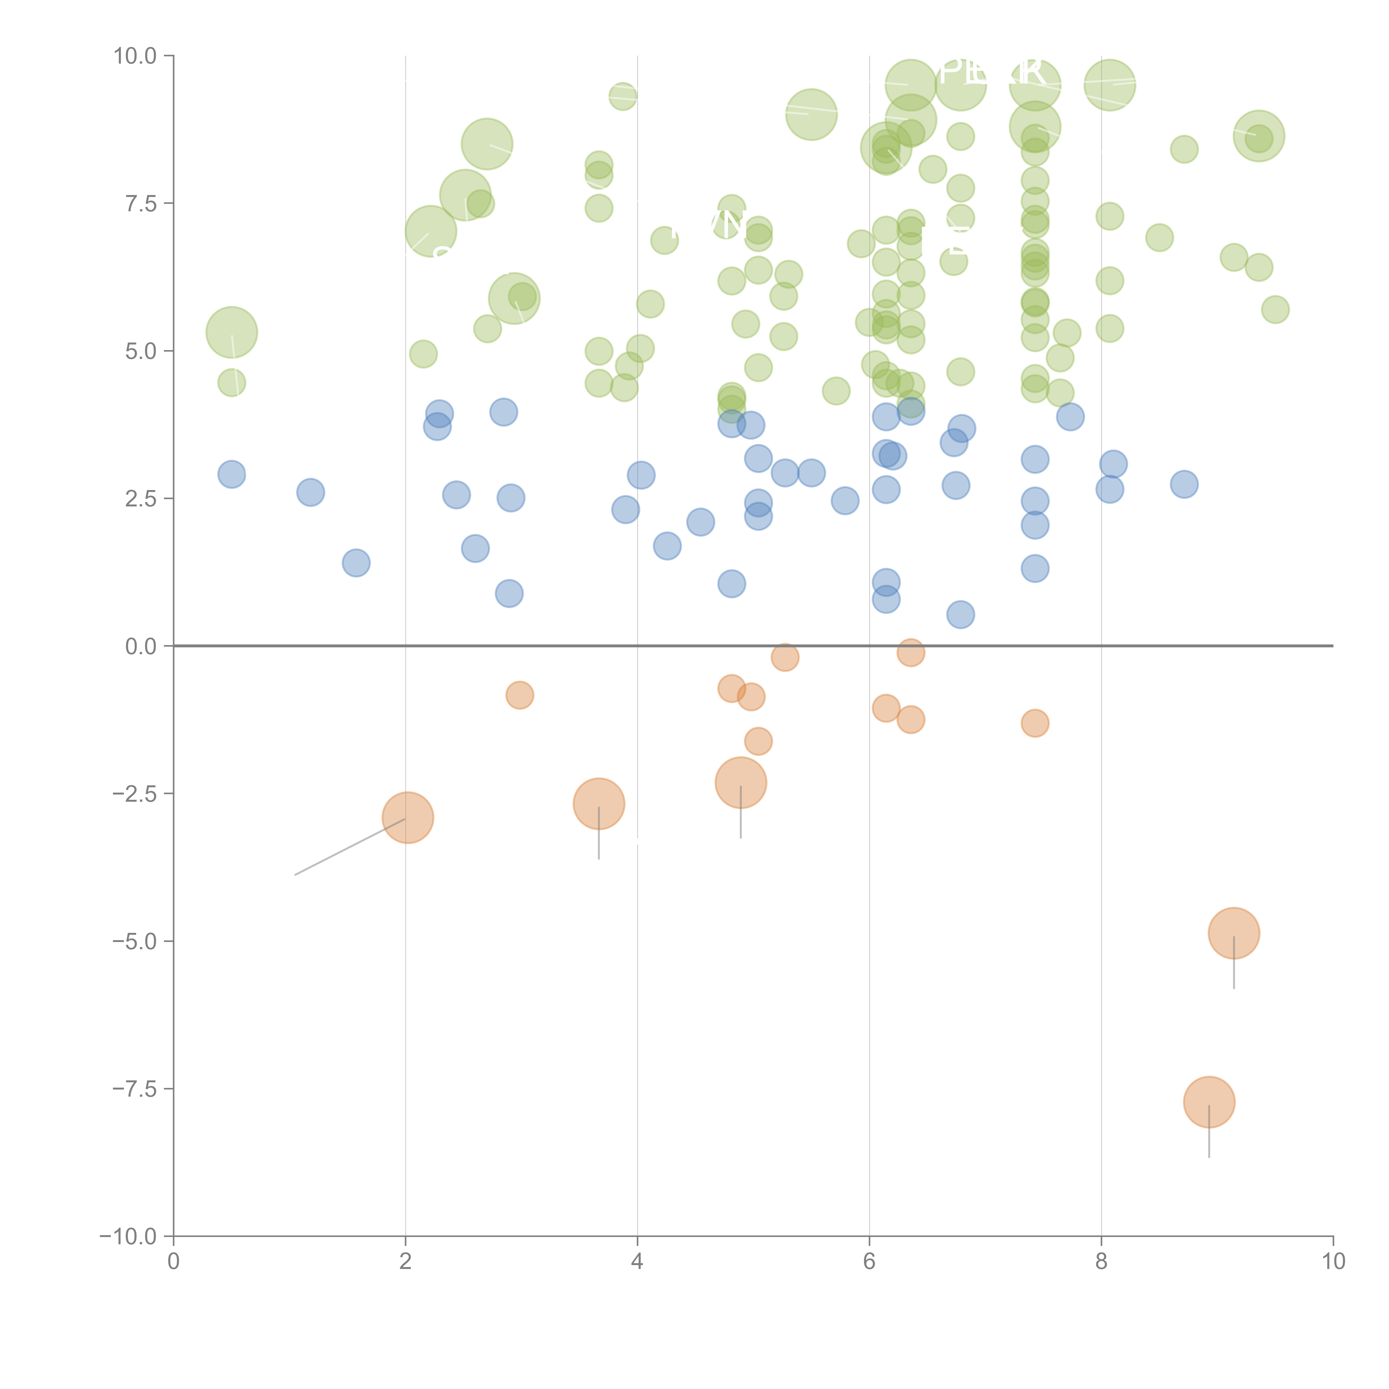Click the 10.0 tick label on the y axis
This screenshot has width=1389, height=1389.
point(135,56)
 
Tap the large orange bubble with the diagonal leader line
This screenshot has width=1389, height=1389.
point(408,818)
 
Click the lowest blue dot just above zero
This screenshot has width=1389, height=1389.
point(961,615)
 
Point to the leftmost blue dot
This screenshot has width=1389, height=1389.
point(231,474)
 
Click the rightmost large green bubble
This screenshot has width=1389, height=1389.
point(1259,136)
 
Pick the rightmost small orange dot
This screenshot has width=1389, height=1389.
point(1035,723)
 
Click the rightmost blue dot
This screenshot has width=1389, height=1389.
point(1184,484)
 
